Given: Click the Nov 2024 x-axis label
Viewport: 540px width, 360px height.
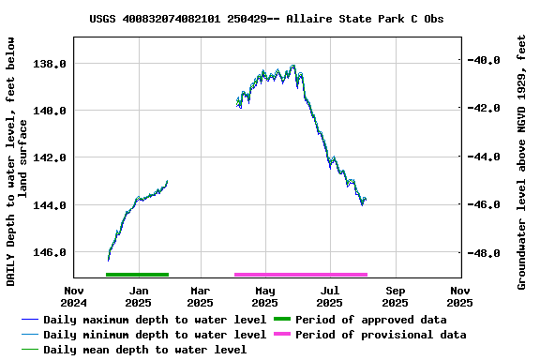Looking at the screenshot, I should (73, 296).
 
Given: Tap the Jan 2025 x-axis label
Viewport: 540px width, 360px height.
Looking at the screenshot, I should (137, 296).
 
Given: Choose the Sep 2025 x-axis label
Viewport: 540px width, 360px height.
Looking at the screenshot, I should (395, 296).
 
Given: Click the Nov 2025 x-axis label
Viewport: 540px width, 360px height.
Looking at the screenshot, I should (459, 296).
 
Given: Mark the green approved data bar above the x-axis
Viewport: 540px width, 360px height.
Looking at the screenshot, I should (137, 275).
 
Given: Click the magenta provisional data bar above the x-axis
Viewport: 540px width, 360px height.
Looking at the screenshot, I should (300, 275).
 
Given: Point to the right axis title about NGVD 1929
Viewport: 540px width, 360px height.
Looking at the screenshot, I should (522, 161).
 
